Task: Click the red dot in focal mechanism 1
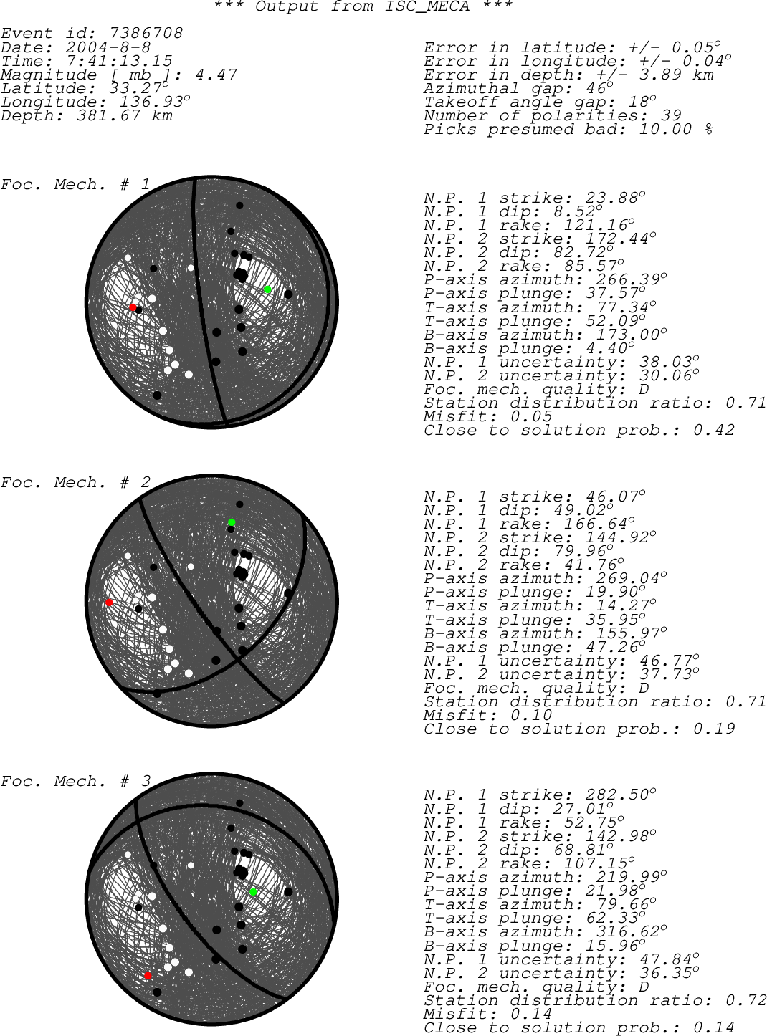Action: tap(133, 307)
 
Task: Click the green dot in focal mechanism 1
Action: tap(267, 289)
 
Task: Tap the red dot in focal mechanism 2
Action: tap(109, 603)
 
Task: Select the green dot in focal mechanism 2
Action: tap(232, 522)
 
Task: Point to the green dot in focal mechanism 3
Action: tap(253, 892)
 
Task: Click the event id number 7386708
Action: tap(146, 33)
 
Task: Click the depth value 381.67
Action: tap(108, 115)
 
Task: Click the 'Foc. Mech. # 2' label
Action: tap(75, 482)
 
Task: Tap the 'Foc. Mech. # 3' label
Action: tap(75, 781)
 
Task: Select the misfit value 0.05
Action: tap(531, 416)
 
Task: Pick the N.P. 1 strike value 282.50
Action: tap(617, 795)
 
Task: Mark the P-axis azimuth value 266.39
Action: tap(628, 280)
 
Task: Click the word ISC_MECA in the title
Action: tap(427, 6)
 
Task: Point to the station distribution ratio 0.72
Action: tap(745, 1000)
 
